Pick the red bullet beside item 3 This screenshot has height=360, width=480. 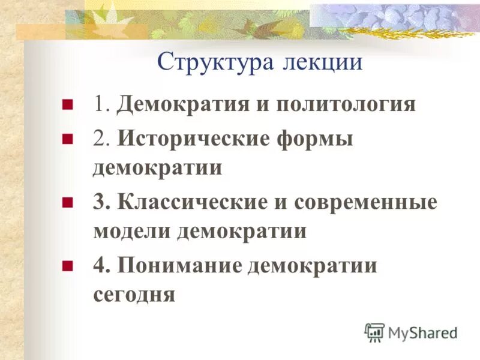[67, 202]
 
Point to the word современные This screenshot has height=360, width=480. [365, 202]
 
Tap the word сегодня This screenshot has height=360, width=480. [134, 295]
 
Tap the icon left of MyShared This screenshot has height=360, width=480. [374, 331]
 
